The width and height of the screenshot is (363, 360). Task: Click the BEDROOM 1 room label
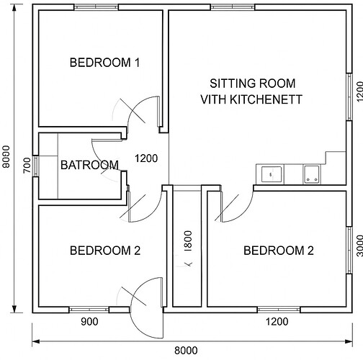pyautogui.click(x=104, y=63)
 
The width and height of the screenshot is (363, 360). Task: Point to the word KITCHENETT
pyautogui.click(x=266, y=99)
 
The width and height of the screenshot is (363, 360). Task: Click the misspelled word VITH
pyautogui.click(x=214, y=99)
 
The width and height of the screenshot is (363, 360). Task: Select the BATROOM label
pyautogui.click(x=89, y=165)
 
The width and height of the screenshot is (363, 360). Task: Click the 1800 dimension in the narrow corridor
pyautogui.click(x=188, y=241)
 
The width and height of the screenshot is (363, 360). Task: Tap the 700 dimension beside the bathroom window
pyautogui.click(x=27, y=165)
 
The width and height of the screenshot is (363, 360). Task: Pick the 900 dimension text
pyautogui.click(x=89, y=322)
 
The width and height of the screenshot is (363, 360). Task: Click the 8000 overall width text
pyautogui.click(x=186, y=351)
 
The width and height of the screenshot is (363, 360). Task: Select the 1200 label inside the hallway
pyautogui.click(x=146, y=158)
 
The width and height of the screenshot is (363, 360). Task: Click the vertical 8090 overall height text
pyautogui.click(x=6, y=156)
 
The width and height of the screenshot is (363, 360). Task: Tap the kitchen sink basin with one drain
pyautogui.click(x=272, y=174)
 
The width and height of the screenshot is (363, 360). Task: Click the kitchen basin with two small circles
pyautogui.click(x=311, y=174)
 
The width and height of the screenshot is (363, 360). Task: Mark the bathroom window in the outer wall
pyautogui.click(x=35, y=166)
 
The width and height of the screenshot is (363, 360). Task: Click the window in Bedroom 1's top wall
pyautogui.click(x=96, y=7)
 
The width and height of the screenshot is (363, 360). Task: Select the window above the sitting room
pyautogui.click(x=233, y=7)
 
